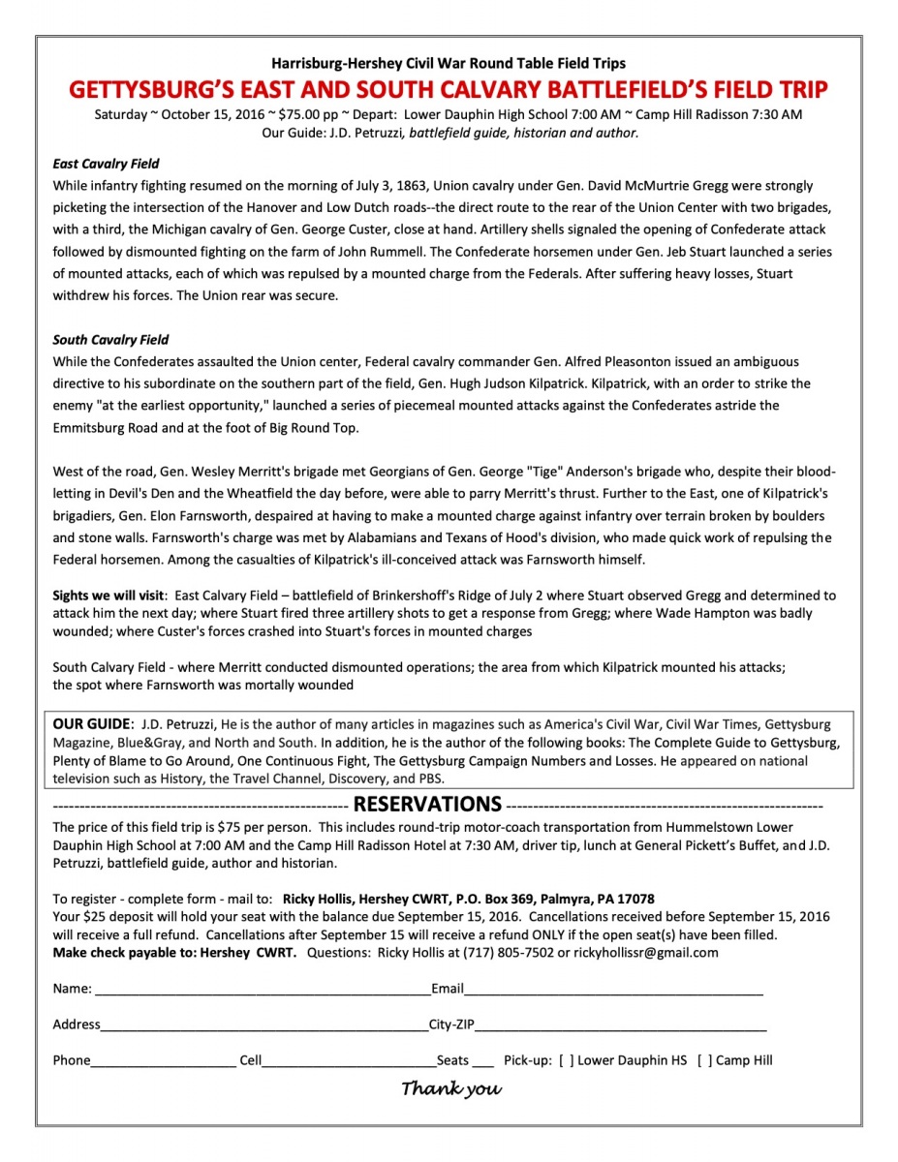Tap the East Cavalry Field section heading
pos(106,164)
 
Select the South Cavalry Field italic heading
pos(110,340)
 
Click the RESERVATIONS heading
pos(427,804)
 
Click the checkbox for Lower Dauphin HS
pos(566,1060)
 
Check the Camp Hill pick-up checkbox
pos(704,1060)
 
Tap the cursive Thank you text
pos(451,1088)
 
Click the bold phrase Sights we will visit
pos(109,596)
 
